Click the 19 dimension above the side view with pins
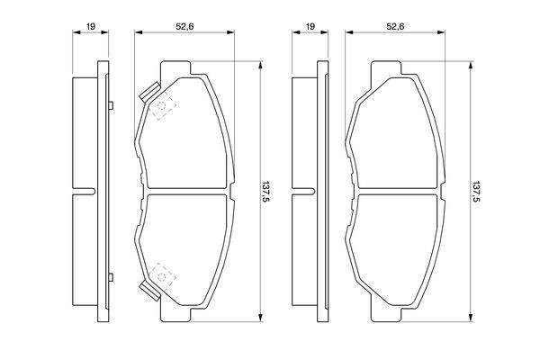click(91, 26)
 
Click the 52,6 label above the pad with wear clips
click(184, 26)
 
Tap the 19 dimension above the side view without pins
click(310, 26)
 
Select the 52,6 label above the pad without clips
click(395, 26)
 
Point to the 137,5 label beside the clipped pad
click(265, 192)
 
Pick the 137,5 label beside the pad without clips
click(476, 192)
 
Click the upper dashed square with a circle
click(161, 105)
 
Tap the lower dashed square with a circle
click(161, 276)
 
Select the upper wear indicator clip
click(149, 93)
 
